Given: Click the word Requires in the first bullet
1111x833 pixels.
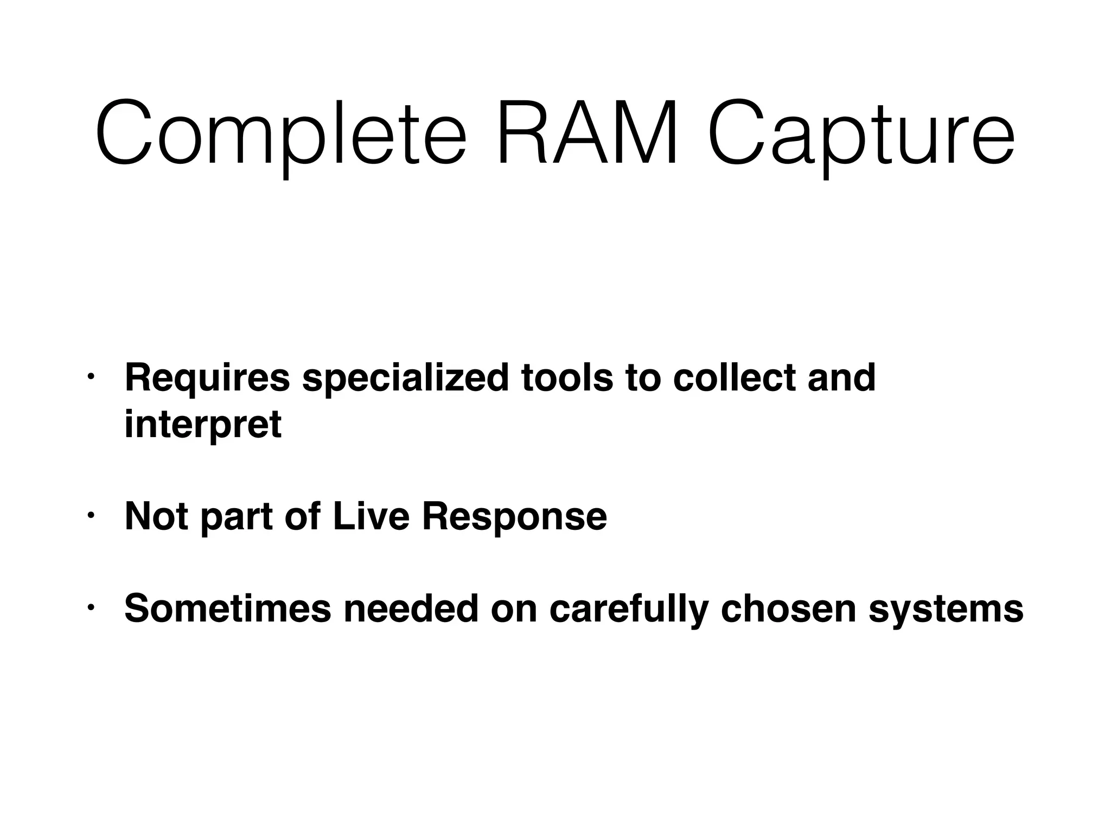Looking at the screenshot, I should click(x=207, y=378).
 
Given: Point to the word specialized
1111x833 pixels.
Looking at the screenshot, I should click(x=405, y=378).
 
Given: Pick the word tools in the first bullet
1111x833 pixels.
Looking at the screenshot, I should click(x=567, y=378).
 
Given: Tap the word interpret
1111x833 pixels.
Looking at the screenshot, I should click(x=203, y=425).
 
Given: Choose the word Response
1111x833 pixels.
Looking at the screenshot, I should click(x=514, y=517).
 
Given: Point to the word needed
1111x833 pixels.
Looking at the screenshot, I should click(x=411, y=608).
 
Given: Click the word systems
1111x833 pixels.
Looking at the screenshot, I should click(x=946, y=609).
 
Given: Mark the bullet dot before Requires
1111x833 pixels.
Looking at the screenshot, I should click(x=91, y=376).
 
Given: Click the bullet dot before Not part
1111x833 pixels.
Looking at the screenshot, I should click(x=91, y=514).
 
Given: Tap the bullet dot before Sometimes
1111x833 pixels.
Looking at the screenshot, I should click(x=91, y=606).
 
